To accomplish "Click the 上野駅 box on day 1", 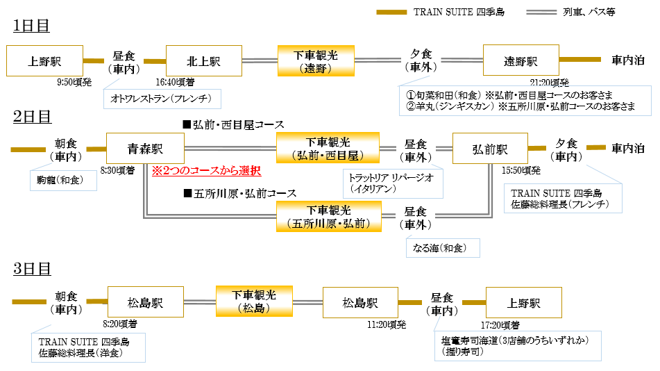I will click(44, 61).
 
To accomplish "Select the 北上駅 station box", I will click(203, 61).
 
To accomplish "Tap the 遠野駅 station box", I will click(521, 61).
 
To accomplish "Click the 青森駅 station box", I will click(144, 149).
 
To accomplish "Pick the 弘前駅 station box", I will click(490, 149).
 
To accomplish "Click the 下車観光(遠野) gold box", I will click(316, 61).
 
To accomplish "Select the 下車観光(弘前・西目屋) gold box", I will click(328, 149).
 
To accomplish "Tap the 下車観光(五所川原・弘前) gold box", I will click(328, 215).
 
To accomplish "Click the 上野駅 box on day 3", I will click(524, 304).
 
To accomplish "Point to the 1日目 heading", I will click(31, 26).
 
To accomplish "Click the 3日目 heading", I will click(31, 268).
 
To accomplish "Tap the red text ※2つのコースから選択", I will click(206, 170).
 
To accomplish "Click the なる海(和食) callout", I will click(442, 247).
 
